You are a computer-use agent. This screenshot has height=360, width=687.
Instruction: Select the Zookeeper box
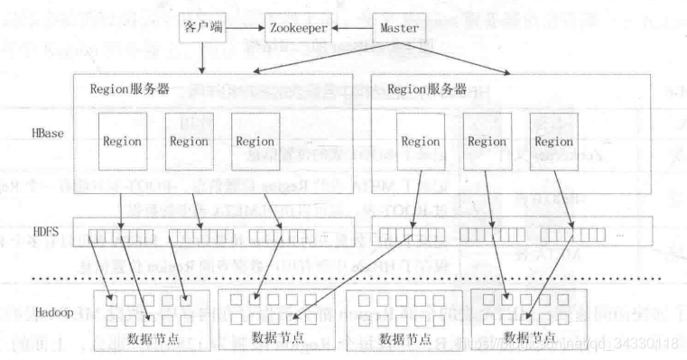[296, 29]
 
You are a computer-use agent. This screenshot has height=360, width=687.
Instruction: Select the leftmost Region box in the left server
[122, 141]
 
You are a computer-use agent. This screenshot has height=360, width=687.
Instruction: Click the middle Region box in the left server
[188, 141]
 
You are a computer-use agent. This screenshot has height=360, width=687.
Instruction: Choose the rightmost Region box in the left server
[254, 141]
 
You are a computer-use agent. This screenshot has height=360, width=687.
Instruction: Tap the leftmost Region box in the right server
[420, 142]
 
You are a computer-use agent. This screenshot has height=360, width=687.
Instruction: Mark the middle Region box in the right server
[487, 142]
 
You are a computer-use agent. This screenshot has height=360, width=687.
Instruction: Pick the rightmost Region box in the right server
[552, 142]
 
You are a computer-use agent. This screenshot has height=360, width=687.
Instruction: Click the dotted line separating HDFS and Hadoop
[361, 279]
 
